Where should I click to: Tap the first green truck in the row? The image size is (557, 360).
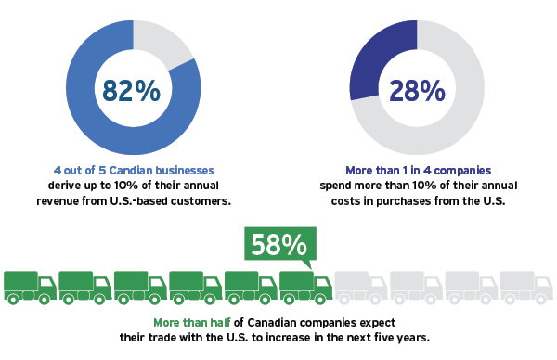click(x=31, y=287)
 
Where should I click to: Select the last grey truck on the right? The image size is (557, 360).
click(x=526, y=287)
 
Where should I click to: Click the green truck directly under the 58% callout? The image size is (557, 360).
click(x=305, y=287)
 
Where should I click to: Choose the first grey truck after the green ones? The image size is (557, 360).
click(x=361, y=287)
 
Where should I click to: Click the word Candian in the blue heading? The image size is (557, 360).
click(x=126, y=171)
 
